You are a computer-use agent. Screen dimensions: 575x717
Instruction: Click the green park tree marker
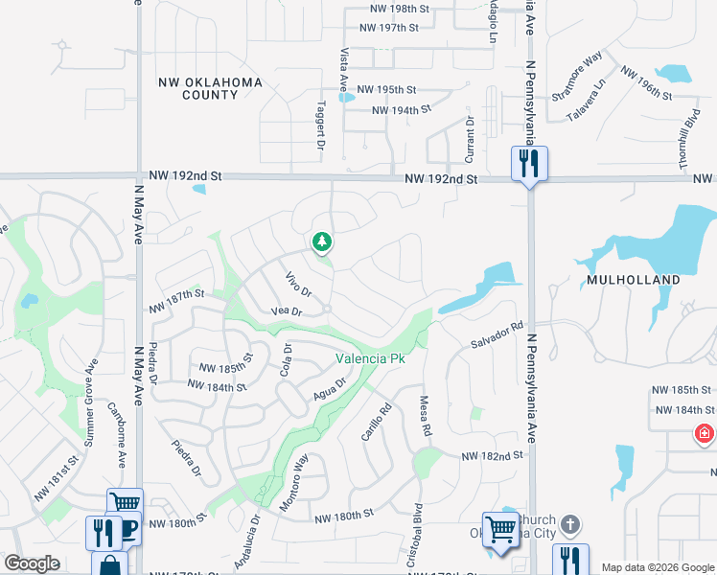click(323, 242)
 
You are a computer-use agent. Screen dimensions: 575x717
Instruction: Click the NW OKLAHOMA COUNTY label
click(209, 89)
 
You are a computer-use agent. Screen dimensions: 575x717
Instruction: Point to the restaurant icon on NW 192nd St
click(528, 163)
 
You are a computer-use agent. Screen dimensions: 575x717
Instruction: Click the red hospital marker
click(706, 434)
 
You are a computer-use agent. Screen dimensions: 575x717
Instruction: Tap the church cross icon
click(569, 524)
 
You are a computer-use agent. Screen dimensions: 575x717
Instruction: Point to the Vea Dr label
click(287, 312)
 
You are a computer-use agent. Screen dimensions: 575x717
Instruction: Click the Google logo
click(32, 563)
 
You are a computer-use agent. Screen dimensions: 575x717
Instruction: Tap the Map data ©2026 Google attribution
click(657, 567)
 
